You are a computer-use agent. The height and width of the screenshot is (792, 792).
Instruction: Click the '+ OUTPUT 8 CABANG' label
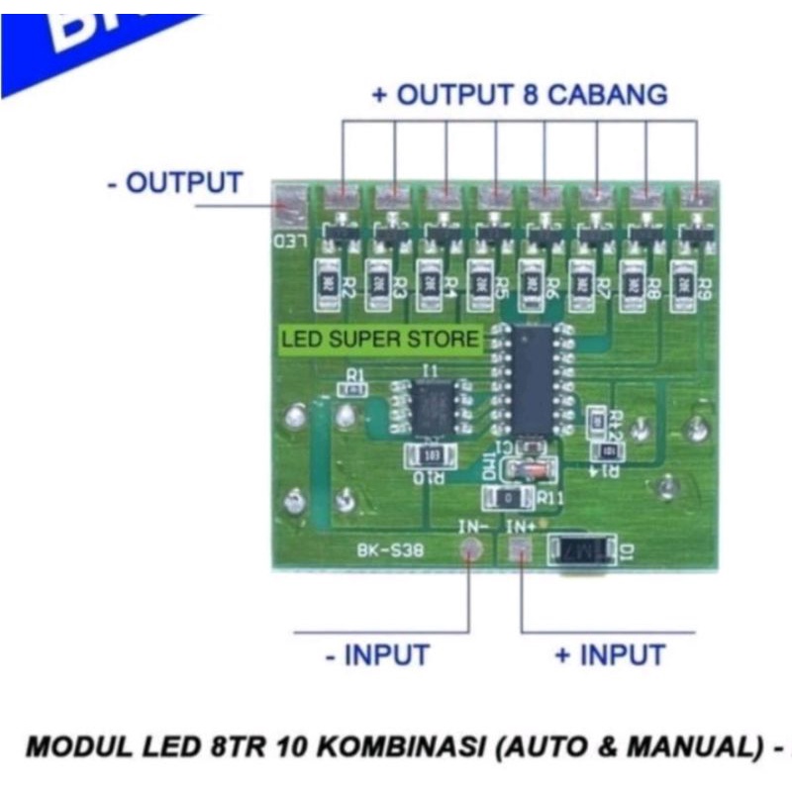(x=520, y=96)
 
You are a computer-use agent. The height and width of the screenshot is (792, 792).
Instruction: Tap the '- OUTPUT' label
(x=174, y=183)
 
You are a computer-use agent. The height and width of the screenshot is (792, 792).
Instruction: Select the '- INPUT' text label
(x=377, y=654)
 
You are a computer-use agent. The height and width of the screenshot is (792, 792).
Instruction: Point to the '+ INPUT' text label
(x=609, y=654)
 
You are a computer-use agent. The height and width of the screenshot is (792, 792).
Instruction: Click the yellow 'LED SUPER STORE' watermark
(x=380, y=340)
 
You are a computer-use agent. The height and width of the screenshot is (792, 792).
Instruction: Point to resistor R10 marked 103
(x=432, y=456)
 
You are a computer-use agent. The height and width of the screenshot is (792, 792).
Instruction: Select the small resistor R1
(x=353, y=389)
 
